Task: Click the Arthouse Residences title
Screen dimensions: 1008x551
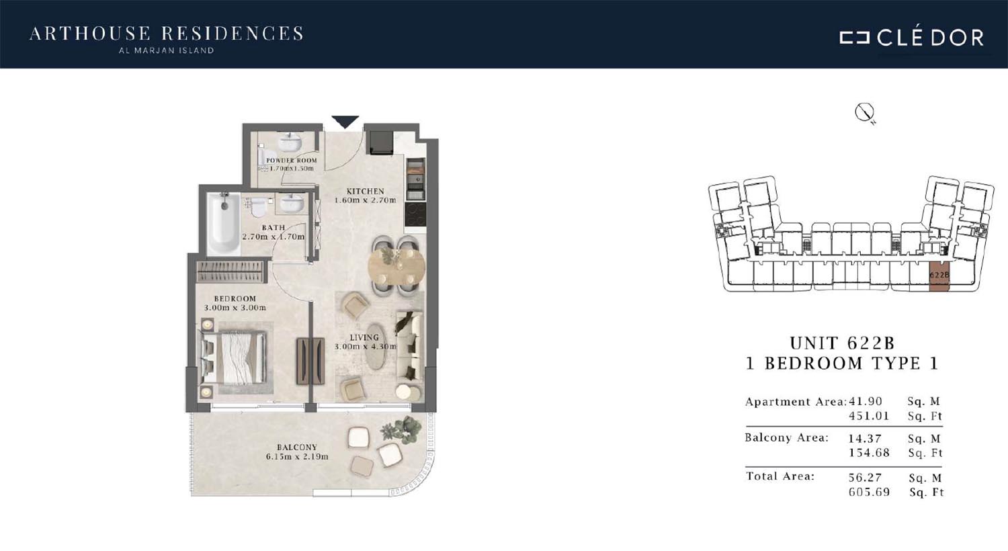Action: click(166, 34)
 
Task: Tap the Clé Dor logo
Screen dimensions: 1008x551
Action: click(911, 38)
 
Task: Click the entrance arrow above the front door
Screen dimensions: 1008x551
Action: click(345, 122)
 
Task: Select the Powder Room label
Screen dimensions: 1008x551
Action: click(292, 160)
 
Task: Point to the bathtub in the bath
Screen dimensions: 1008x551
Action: click(224, 224)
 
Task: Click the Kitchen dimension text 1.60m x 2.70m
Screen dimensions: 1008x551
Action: click(365, 200)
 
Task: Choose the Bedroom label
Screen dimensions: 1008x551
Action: click(235, 298)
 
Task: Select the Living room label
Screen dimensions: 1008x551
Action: click(364, 337)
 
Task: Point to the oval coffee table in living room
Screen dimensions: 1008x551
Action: click(375, 347)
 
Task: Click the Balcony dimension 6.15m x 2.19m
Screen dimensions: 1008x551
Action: click(297, 456)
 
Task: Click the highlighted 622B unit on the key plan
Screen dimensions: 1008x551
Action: click(939, 275)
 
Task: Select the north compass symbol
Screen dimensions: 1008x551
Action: click(865, 113)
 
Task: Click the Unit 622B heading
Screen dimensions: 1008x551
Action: click(843, 343)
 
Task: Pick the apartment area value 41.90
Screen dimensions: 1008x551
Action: click(866, 401)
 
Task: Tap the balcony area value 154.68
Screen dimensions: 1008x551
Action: click(869, 452)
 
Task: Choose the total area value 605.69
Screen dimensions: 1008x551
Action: click(870, 492)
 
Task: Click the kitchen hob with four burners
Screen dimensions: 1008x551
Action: click(415, 214)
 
